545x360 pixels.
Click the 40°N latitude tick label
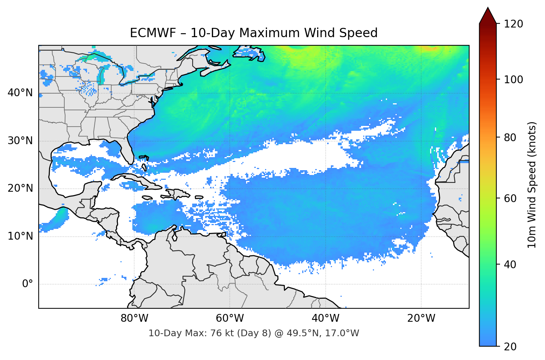(20, 93)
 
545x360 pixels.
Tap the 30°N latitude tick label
(20, 140)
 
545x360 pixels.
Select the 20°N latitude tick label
(20, 188)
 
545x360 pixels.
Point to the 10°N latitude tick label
(20, 236)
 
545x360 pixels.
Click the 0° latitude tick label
(28, 284)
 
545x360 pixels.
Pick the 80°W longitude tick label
(135, 318)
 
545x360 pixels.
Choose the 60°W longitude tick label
(230, 318)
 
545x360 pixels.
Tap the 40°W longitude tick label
(326, 318)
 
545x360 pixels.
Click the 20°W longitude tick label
(421, 318)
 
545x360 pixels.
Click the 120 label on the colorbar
(513, 24)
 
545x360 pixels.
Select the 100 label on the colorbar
(513, 80)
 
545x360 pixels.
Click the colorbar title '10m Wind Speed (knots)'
(532, 185)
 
